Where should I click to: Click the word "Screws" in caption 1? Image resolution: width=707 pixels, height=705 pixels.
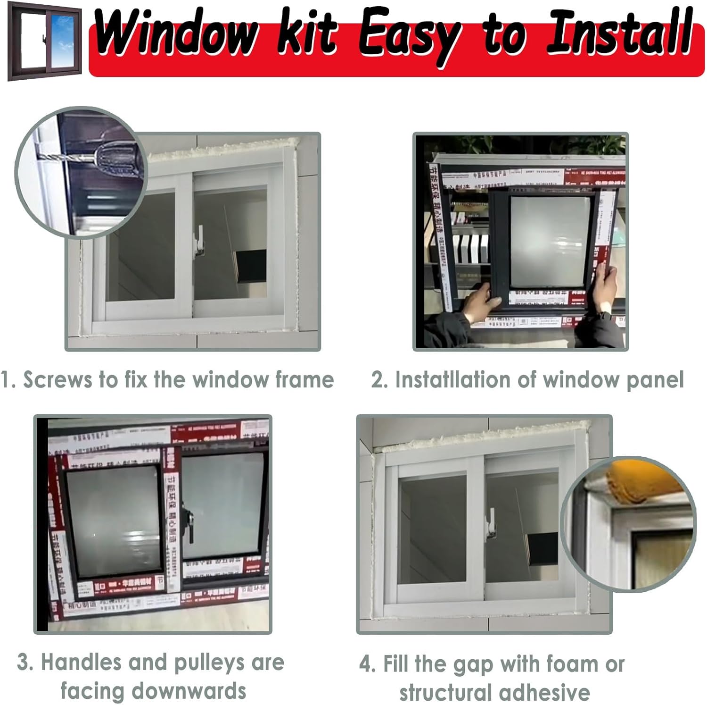coord(58,380)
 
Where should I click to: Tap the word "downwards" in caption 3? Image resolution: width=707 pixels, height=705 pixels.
coord(154,691)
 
